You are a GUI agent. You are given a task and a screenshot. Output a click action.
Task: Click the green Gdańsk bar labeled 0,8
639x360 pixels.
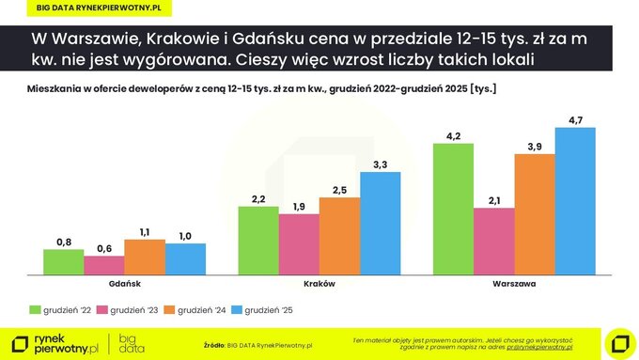coord(64,262)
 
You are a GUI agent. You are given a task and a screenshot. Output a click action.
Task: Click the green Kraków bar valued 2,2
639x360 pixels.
coord(258,241)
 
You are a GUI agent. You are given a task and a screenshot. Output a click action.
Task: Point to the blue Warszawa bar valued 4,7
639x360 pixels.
coord(575,201)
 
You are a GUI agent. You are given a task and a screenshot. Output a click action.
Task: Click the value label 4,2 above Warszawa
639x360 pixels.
coord(453,136)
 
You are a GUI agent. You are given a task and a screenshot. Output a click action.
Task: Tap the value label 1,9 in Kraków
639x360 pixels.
coord(299,206)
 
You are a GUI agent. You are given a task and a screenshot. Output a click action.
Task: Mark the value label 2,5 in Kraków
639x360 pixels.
coord(339,190)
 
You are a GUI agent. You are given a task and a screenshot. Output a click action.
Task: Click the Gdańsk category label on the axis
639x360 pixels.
coord(124,283)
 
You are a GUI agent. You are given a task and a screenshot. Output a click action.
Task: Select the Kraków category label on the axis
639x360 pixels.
coord(319,283)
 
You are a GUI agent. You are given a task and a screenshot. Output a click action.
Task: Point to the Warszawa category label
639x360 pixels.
coord(514,283)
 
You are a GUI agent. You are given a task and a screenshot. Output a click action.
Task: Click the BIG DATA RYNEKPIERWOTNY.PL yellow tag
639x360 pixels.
coord(99,8)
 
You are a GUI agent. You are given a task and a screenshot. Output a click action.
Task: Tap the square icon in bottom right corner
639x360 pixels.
coord(620,343)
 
